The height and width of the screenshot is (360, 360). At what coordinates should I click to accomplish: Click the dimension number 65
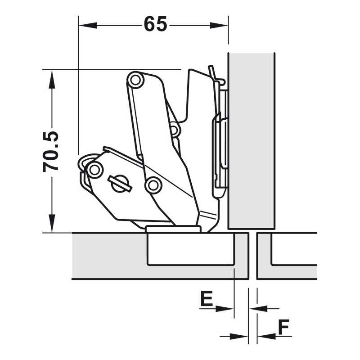[x=155, y=24]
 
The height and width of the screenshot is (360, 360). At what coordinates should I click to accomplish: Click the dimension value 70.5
[x=51, y=152]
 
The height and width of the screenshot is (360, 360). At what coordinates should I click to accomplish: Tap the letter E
[x=207, y=298]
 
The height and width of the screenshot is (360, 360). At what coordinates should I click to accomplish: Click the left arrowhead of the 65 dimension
[x=88, y=25]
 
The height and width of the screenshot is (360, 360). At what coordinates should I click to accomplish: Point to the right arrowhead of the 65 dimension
[x=219, y=25]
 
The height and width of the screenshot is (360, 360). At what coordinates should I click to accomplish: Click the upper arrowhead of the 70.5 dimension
[x=52, y=79]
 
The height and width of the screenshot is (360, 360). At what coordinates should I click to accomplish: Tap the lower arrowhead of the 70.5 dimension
[x=52, y=223]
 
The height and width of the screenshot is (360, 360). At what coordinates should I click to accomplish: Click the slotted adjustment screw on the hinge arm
[x=120, y=184]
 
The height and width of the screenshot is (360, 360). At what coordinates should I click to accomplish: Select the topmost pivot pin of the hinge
[x=135, y=80]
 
